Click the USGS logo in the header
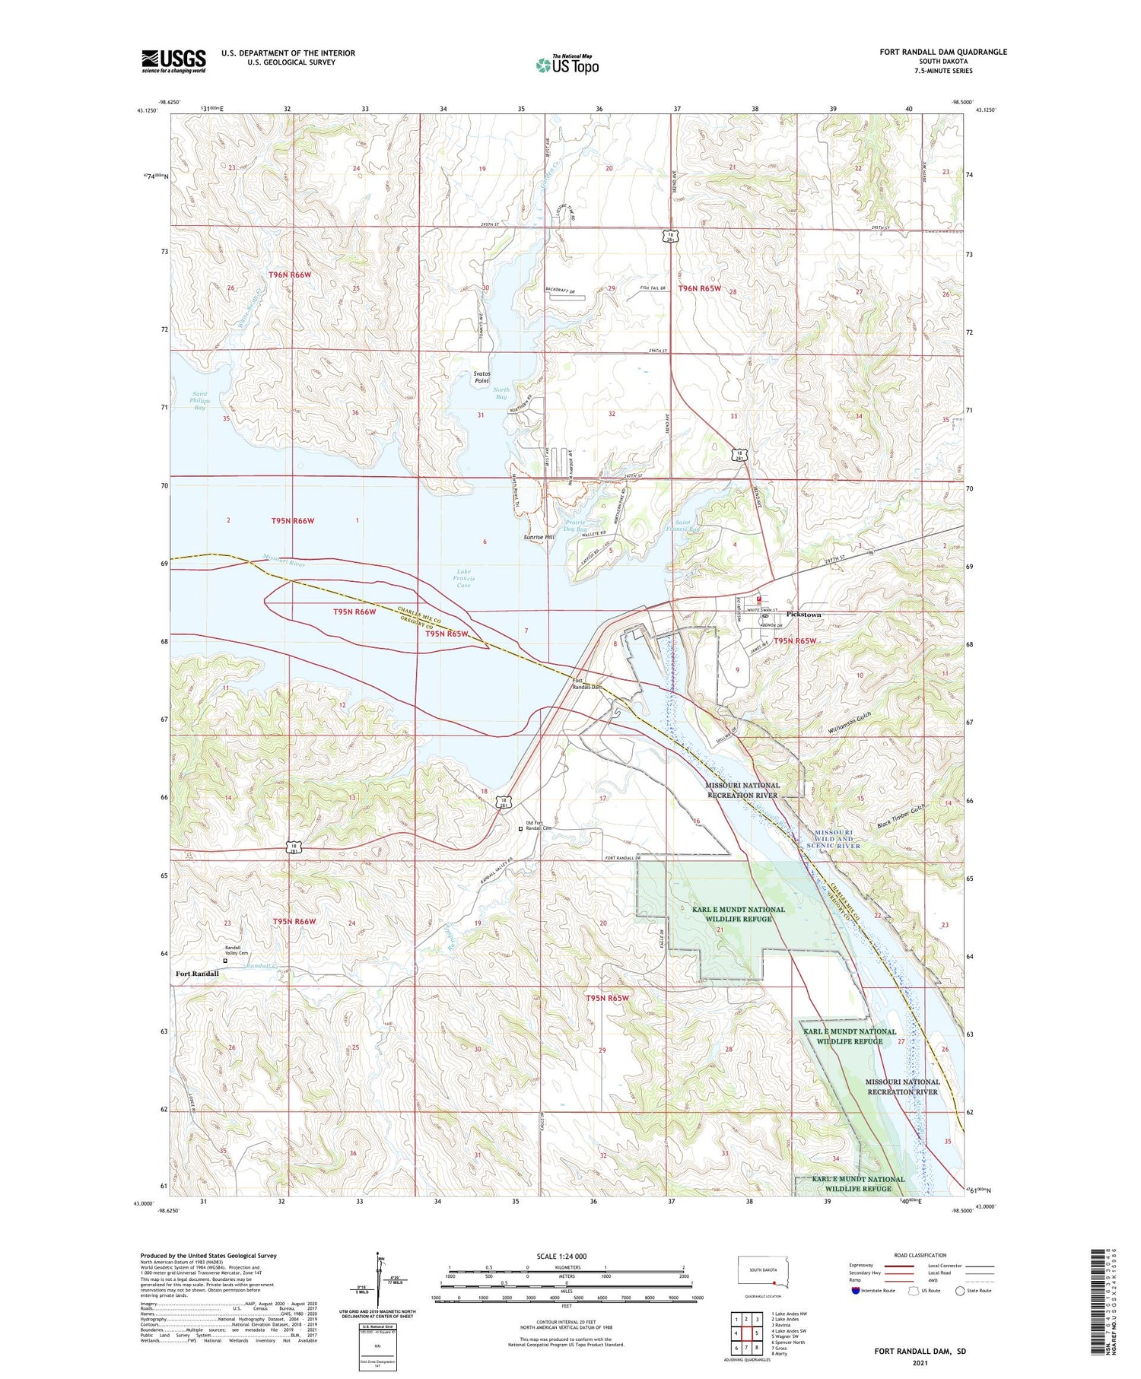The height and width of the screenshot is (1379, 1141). [173, 61]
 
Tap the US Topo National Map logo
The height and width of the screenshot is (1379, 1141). [567, 65]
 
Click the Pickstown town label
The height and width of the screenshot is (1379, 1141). [803, 614]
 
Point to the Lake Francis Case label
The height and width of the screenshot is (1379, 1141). [463, 578]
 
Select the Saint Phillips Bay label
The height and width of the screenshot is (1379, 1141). [199, 400]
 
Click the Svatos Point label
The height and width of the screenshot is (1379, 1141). [482, 377]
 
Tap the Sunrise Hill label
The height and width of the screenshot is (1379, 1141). [539, 537]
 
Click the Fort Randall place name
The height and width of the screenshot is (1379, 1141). [197, 974]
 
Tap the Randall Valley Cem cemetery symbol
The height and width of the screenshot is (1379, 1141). [225, 961]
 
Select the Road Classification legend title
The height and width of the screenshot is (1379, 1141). [920, 1255]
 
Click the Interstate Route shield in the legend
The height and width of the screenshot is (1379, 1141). [856, 1290]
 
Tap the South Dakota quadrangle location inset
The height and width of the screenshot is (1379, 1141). [764, 1271]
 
